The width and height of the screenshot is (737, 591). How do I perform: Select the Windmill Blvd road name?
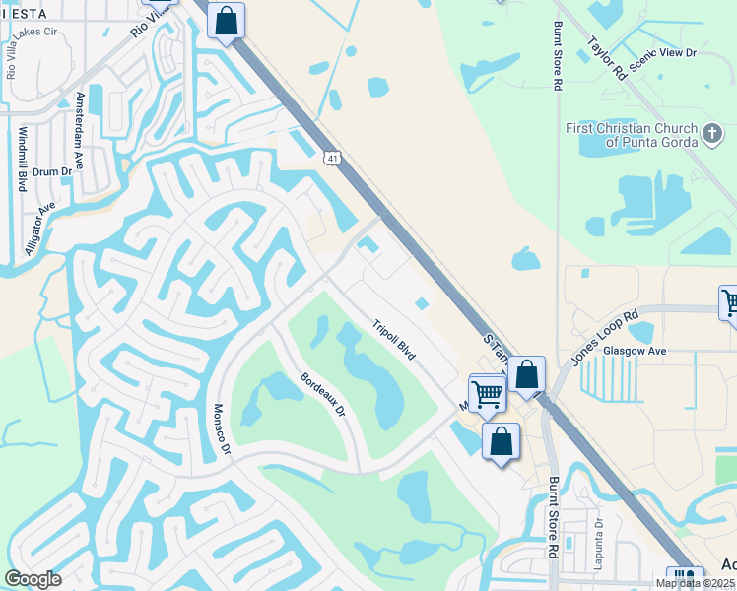click(x=22, y=159)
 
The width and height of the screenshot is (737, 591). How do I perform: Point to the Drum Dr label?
click(x=52, y=171)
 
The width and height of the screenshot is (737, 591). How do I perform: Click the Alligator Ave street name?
click(x=40, y=230)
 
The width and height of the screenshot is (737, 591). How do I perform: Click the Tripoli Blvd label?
click(x=394, y=339)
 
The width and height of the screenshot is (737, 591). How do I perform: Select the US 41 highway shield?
click(x=333, y=158)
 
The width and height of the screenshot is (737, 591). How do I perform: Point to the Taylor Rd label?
click(x=606, y=58)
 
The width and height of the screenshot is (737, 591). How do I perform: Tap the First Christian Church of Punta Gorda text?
click(x=632, y=135)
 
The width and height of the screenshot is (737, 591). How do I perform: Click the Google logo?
click(x=33, y=579)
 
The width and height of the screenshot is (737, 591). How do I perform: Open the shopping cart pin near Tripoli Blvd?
click(x=488, y=393)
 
